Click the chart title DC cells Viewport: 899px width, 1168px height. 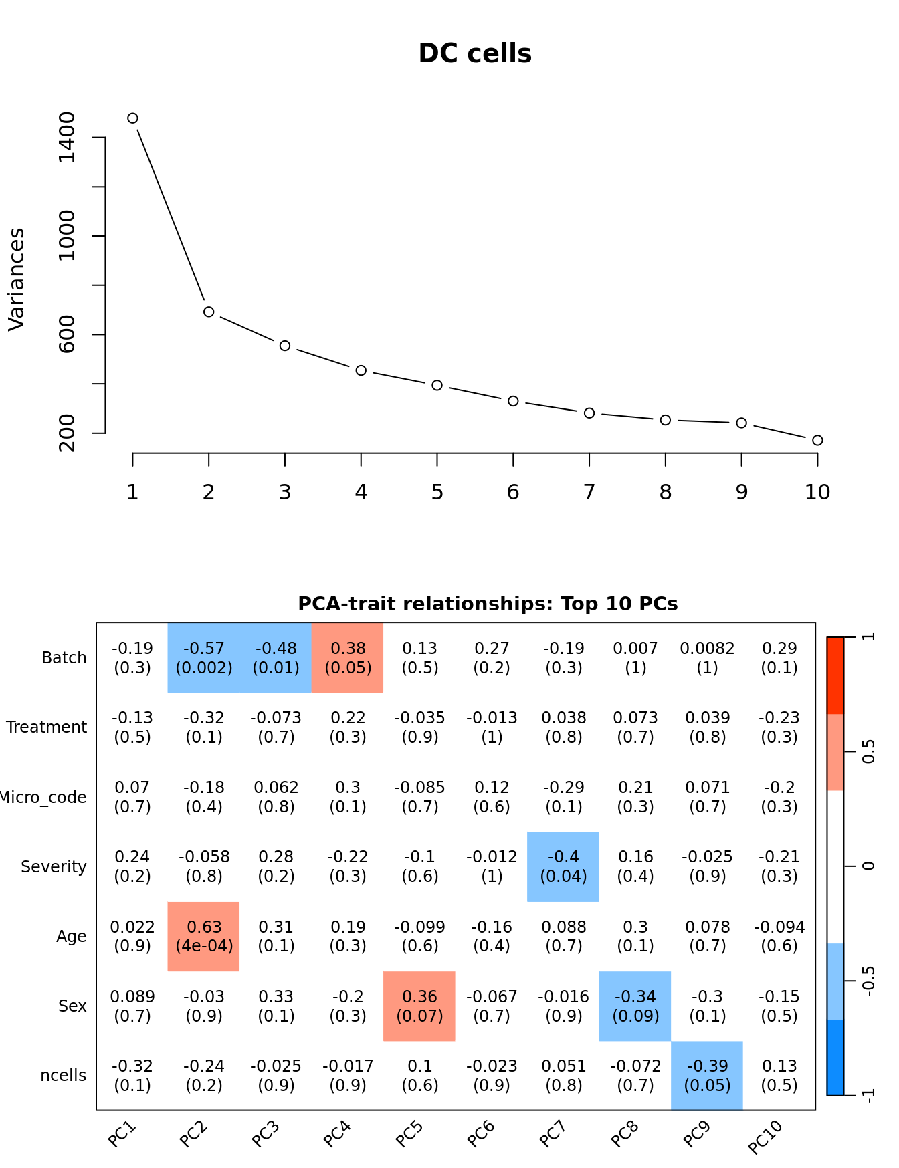coord(475,53)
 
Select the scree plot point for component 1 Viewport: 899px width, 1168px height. coord(132,118)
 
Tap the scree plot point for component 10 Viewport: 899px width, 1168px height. coord(817,440)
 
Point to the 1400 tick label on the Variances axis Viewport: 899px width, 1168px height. coord(67,137)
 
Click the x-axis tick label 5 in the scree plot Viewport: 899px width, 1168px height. coord(437,493)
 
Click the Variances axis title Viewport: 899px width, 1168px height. coord(16,279)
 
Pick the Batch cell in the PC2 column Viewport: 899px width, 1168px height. coord(204,658)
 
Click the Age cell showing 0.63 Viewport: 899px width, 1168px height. coord(204,936)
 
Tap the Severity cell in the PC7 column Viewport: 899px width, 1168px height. coord(563,866)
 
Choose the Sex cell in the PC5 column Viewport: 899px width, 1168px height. coord(419,1006)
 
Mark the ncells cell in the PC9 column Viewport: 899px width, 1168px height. coord(707,1075)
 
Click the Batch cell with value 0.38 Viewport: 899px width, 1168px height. coord(348,658)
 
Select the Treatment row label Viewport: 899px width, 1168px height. coord(47,727)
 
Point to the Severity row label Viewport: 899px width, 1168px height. coord(54,867)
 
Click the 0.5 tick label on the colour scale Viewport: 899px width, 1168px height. coord(868,751)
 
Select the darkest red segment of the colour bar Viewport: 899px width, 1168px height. coord(835,675)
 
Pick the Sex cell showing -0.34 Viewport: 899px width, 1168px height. coord(635,1006)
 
